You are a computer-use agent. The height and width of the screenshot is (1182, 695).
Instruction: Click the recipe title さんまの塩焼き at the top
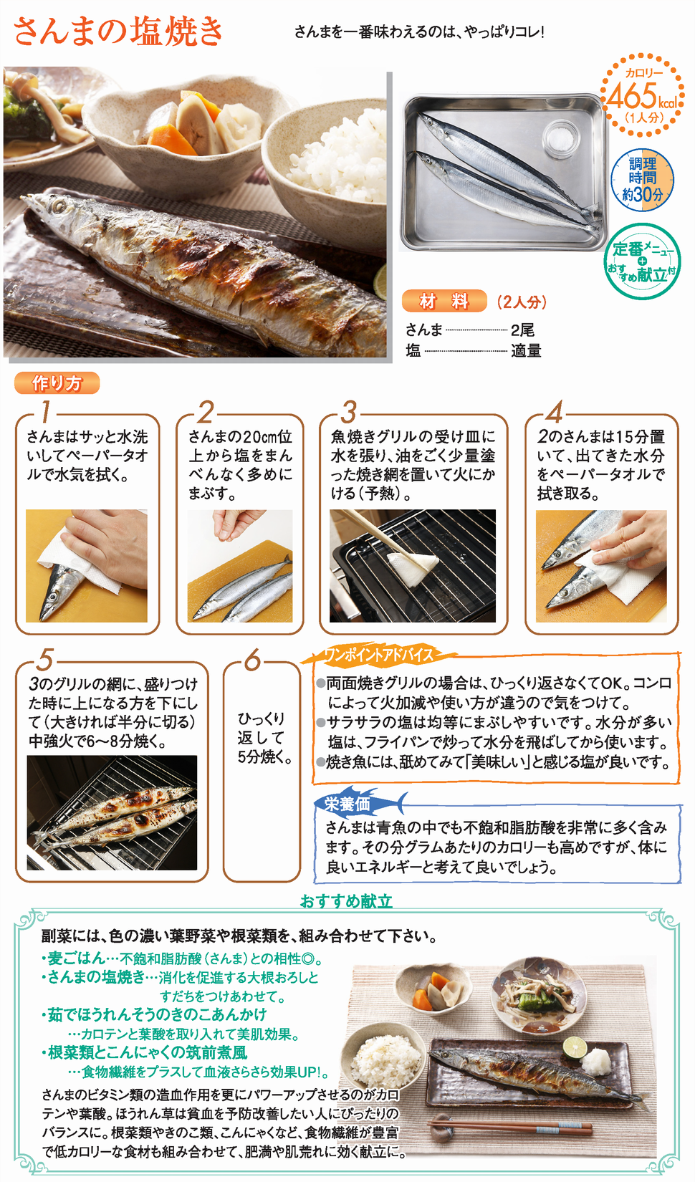point(118,31)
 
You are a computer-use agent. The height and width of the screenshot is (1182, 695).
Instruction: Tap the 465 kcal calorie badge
point(642,95)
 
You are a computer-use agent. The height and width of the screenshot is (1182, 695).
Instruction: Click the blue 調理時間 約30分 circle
point(642,179)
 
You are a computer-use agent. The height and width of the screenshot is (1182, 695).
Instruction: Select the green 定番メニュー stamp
point(642,261)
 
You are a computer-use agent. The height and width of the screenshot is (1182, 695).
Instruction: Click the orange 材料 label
point(444,301)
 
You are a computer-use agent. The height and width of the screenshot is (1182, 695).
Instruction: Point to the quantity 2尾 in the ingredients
point(522,330)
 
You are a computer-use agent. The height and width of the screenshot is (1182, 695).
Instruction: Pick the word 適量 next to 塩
point(526,350)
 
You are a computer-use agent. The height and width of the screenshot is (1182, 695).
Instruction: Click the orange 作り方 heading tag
point(57,383)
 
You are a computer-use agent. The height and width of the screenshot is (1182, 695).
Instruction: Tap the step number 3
point(348,412)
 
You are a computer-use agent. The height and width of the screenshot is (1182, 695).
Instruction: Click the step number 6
point(253,660)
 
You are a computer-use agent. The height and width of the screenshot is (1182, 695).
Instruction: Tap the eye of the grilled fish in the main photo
point(57,206)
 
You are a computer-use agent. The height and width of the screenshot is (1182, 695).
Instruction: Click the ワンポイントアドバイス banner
point(378,655)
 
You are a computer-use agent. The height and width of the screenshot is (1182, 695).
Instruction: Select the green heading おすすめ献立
point(346,900)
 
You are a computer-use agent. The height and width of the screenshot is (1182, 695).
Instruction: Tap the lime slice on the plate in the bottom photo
point(574,1047)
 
